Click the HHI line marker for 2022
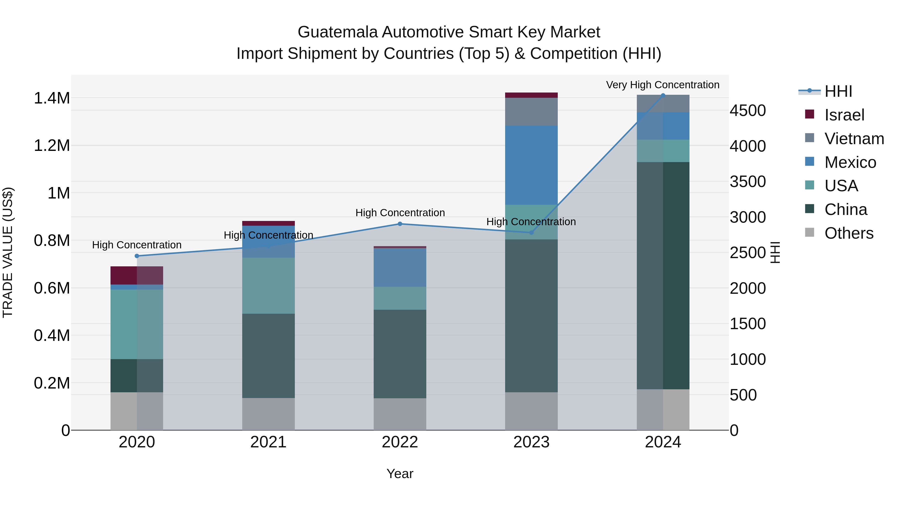pos(400,224)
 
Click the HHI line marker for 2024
pos(663,96)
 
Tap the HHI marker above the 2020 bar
pos(137,256)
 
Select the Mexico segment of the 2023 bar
pos(531,165)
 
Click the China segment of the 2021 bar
pos(268,355)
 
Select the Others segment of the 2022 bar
pos(400,414)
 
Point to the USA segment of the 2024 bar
pos(663,151)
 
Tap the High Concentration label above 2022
pos(400,212)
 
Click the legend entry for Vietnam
pos(854,138)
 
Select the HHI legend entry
pos(838,91)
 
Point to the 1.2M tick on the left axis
pos(52,146)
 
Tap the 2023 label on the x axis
pos(531,442)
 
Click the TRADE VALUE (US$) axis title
pos(8,252)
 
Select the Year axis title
pos(400,474)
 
